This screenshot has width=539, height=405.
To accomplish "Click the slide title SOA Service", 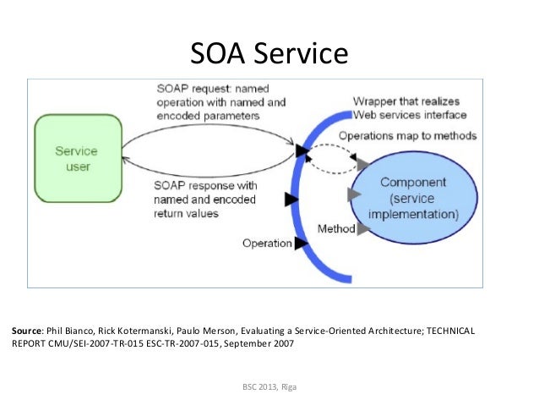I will (x=269, y=54).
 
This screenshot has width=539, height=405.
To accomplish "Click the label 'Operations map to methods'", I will (x=407, y=135).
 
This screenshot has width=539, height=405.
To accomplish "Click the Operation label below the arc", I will (x=267, y=244).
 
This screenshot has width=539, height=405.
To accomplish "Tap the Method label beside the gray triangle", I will (x=335, y=228).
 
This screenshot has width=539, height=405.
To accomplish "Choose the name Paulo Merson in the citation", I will (x=185, y=331).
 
